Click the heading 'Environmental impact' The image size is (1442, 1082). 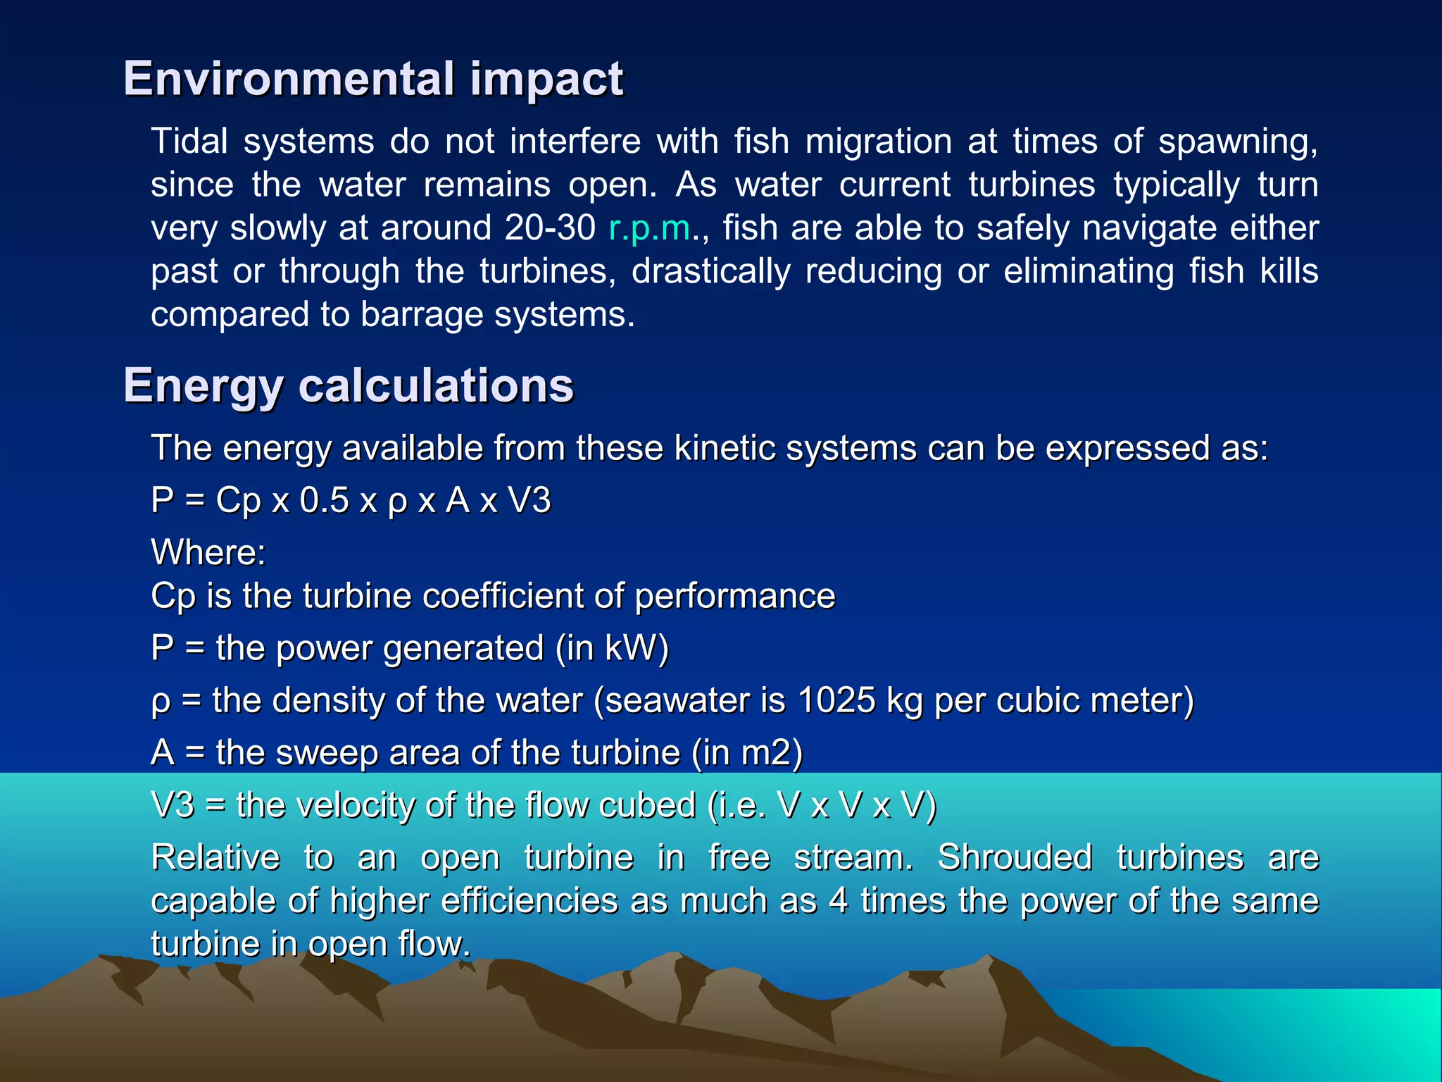click(373, 79)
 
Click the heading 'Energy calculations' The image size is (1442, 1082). click(349, 386)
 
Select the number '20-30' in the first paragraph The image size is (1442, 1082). click(550, 228)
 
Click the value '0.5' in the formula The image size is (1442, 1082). click(324, 501)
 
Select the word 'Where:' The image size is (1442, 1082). click(208, 552)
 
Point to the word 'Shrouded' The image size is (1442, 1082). click(1015, 858)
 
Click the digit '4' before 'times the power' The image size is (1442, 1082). click(838, 901)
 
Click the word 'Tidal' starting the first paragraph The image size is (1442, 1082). click(189, 142)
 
